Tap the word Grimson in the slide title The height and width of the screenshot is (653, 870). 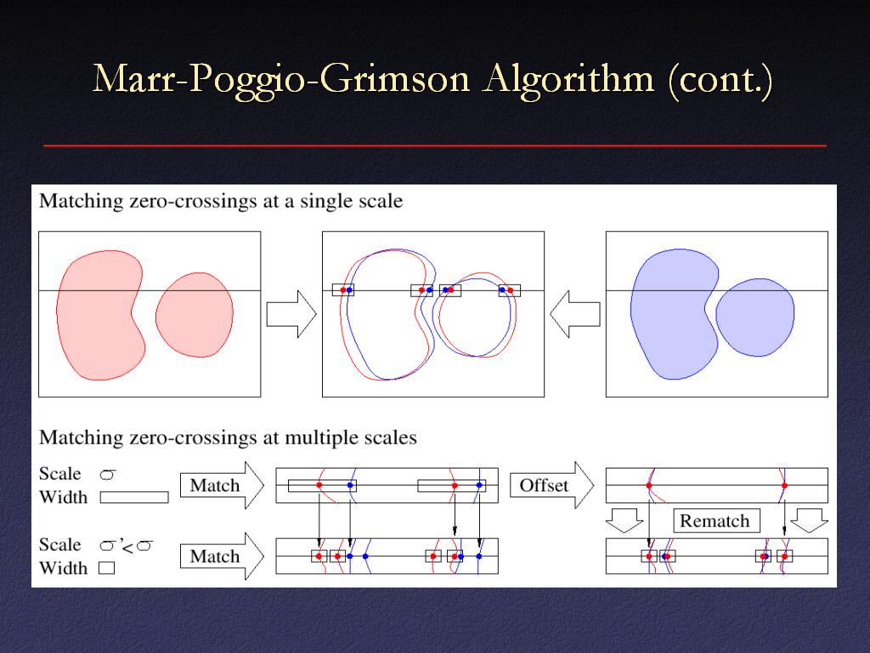tap(396, 79)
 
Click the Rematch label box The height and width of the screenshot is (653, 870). tap(715, 521)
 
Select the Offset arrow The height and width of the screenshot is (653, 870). tap(551, 485)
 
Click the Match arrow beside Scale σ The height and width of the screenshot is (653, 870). tap(222, 485)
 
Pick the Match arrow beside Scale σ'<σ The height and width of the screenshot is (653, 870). tap(222, 556)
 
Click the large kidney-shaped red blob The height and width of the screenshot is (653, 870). tap(100, 315)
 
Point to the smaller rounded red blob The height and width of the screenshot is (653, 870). tap(195, 315)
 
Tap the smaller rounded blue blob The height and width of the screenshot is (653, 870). tap(755, 317)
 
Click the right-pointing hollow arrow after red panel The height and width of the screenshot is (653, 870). tap(291, 314)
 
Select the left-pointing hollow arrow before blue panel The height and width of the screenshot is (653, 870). tap(575, 314)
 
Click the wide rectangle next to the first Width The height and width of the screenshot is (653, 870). tap(134, 497)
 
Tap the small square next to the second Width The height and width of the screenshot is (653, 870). tap(107, 567)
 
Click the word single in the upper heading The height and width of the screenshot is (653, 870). tap(325, 202)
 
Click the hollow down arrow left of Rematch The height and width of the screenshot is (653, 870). tap(624, 520)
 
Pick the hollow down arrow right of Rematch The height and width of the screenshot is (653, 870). tap(810, 520)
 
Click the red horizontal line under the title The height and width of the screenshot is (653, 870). tap(435, 145)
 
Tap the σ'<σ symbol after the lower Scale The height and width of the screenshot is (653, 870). tap(126, 546)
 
